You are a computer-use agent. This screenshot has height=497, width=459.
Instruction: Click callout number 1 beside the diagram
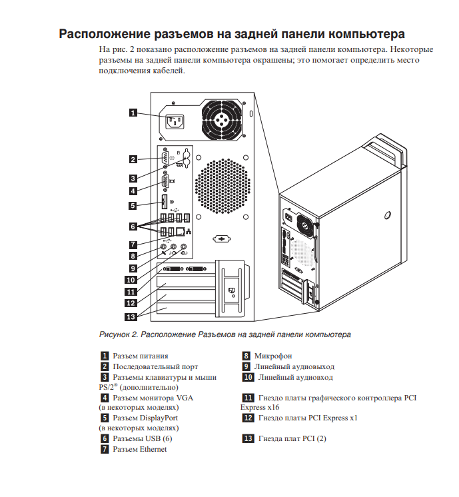coord(133,113)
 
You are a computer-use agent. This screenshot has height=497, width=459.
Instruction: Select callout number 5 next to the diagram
coord(133,206)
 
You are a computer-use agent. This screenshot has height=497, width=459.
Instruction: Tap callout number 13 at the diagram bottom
coord(133,316)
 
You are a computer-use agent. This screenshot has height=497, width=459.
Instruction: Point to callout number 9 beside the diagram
coord(133,267)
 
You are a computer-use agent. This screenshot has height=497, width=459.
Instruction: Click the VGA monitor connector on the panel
coord(165,180)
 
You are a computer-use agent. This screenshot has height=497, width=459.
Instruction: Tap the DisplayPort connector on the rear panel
coord(163,202)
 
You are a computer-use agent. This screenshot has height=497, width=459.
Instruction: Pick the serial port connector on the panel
coord(164,159)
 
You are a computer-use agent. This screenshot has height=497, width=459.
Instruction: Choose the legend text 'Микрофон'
coord(272,356)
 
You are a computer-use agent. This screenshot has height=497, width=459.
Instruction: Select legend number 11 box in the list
coord(247,398)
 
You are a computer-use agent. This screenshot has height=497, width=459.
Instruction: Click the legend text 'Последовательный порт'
coord(155,366)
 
